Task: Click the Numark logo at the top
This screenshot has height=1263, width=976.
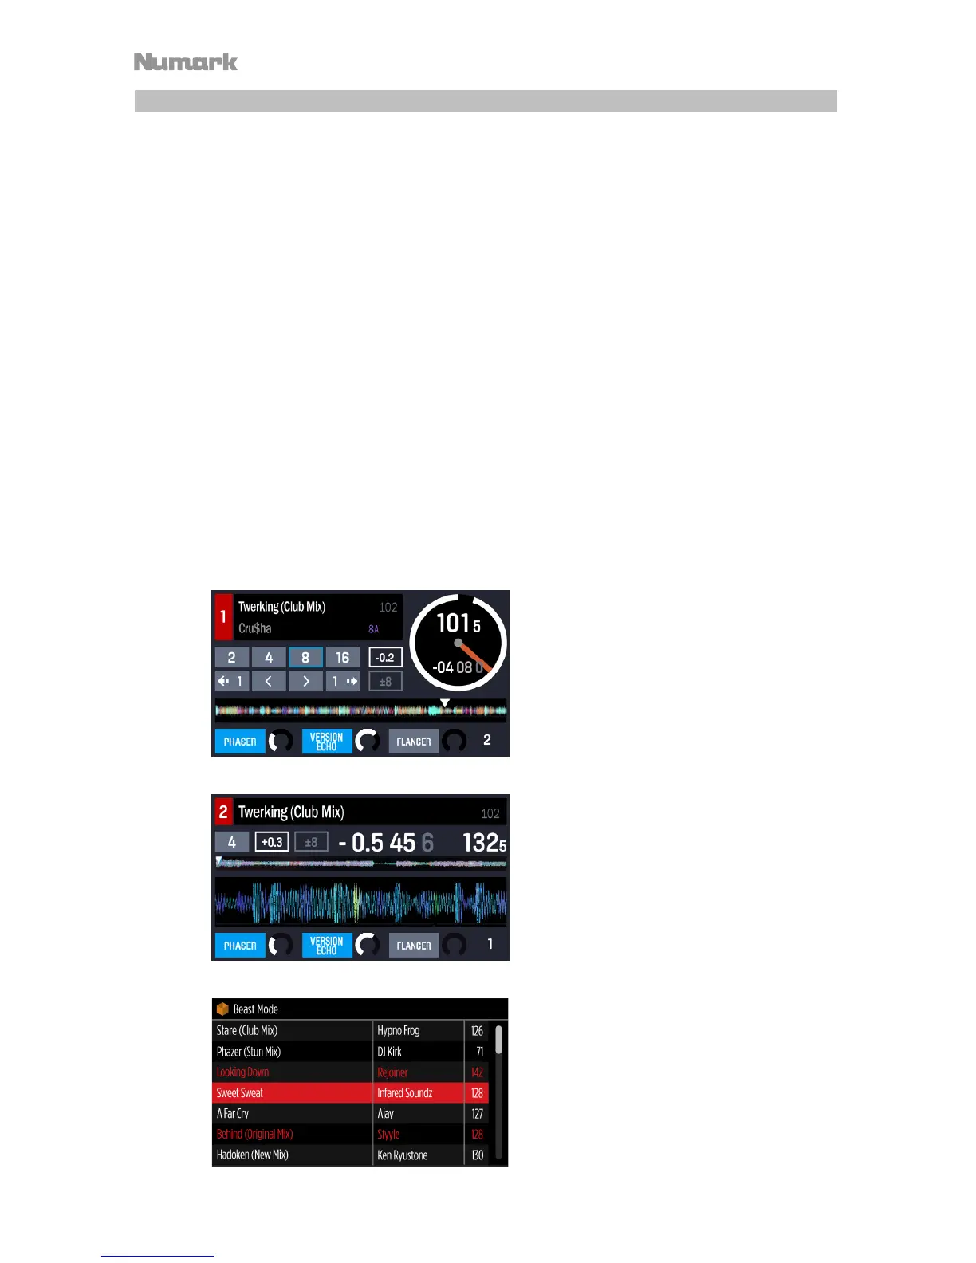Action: (x=186, y=62)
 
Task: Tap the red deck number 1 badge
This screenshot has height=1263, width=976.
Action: (x=223, y=617)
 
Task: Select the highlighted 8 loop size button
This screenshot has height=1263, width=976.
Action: (x=305, y=658)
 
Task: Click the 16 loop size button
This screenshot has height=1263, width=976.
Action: (x=342, y=658)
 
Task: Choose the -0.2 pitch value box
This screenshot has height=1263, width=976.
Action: (x=385, y=658)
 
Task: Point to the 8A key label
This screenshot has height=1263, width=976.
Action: (x=373, y=629)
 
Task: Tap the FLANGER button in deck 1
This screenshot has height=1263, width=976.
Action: (x=413, y=742)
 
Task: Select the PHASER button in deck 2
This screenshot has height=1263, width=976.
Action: (x=240, y=946)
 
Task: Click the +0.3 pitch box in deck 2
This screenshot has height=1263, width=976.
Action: (x=272, y=842)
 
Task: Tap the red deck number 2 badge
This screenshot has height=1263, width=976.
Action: (x=223, y=812)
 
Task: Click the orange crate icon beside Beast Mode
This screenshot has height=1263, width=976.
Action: (x=222, y=1009)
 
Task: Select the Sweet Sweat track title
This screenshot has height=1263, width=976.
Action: (x=240, y=1093)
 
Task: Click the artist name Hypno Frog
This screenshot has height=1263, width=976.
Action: (x=398, y=1031)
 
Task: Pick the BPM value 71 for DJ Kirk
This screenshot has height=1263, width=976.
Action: (x=479, y=1052)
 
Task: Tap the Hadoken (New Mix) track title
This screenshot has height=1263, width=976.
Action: (x=253, y=1155)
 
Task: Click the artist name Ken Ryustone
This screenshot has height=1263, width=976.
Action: (x=403, y=1155)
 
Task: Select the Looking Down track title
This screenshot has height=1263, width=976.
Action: (x=243, y=1072)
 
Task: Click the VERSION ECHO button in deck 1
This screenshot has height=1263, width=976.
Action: (x=327, y=742)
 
